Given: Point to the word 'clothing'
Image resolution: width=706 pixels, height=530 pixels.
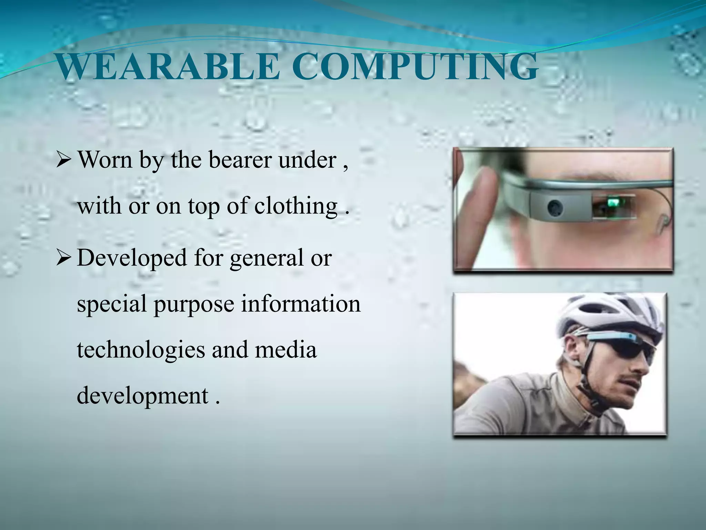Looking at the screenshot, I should click(296, 206).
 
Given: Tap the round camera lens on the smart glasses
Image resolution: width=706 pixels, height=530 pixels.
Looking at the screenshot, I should click(555, 208).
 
